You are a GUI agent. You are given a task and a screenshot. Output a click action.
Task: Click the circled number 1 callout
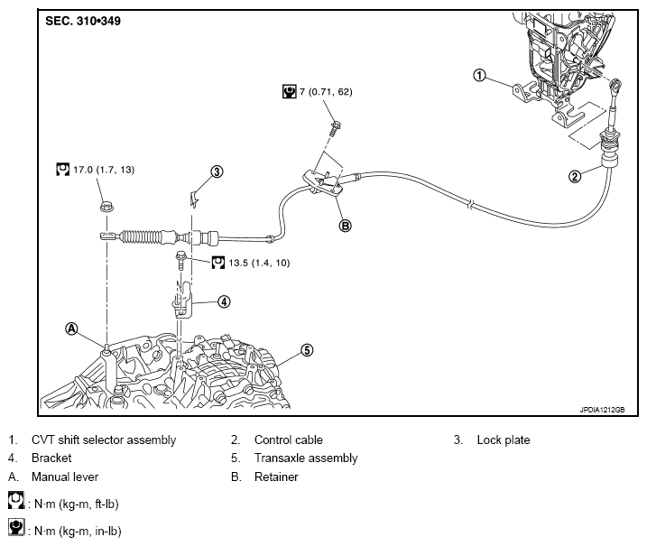[480, 75]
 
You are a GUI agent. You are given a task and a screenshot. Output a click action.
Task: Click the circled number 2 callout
[574, 176]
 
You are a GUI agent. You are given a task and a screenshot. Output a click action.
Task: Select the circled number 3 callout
[217, 171]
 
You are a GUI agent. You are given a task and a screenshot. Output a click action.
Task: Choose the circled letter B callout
[344, 226]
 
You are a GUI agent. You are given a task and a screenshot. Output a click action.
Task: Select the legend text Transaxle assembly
[305, 458]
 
